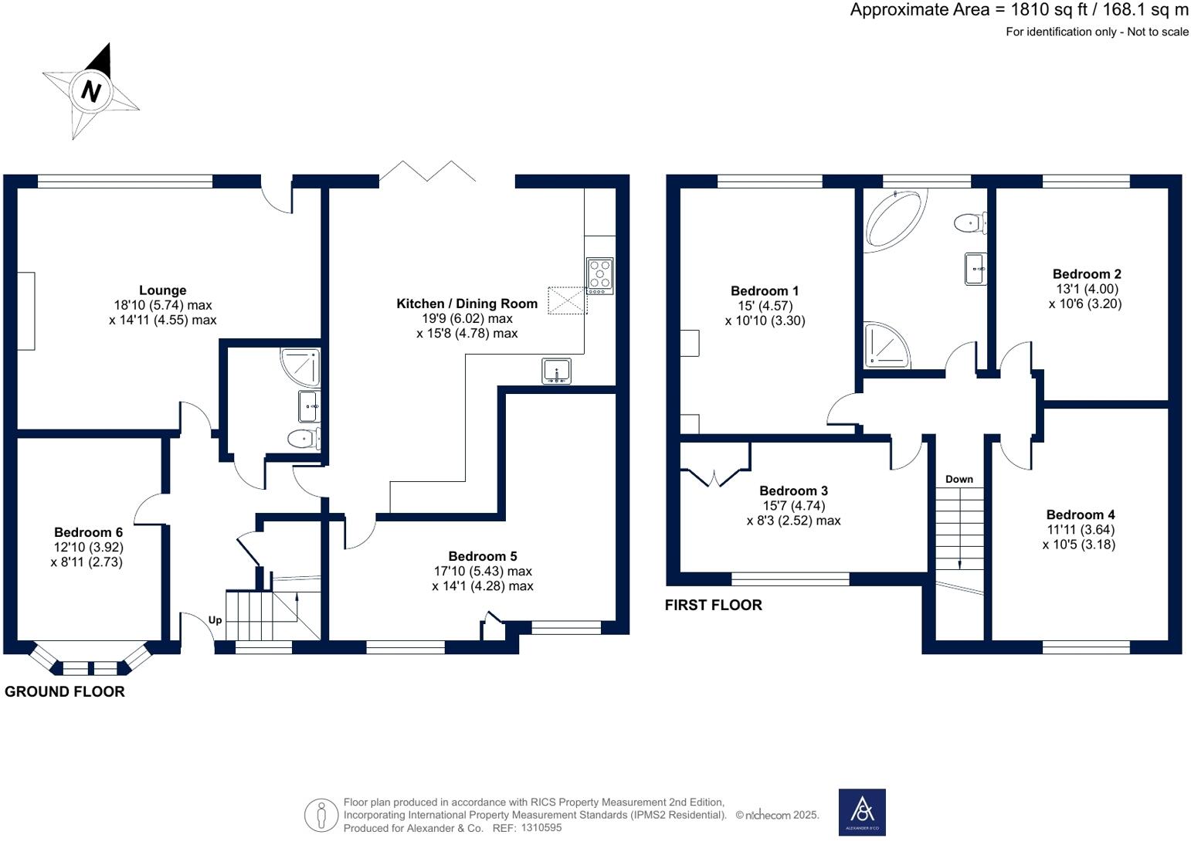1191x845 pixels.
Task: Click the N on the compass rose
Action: [x=91, y=91]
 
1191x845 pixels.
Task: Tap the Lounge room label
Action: [x=163, y=290]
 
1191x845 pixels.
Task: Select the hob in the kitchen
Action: [x=600, y=276]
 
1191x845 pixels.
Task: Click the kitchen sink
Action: [x=556, y=371]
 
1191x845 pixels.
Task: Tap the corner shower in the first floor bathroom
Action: [x=887, y=345]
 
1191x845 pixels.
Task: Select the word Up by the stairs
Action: [x=215, y=620]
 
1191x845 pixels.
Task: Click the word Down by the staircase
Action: [x=959, y=479]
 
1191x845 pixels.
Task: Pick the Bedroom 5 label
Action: [x=482, y=556]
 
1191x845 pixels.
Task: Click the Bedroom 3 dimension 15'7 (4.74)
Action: [x=794, y=506]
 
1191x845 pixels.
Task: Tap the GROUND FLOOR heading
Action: [x=64, y=691]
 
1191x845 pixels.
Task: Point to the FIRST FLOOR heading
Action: [x=714, y=605]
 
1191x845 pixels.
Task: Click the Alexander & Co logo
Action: [x=862, y=812]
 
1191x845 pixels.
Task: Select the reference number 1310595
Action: [x=541, y=827]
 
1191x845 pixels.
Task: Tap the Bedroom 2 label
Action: [x=1087, y=274]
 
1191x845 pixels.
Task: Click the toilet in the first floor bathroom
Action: [x=970, y=222]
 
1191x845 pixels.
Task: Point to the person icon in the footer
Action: [x=321, y=815]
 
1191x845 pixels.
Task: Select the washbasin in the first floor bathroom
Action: [x=976, y=269]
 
